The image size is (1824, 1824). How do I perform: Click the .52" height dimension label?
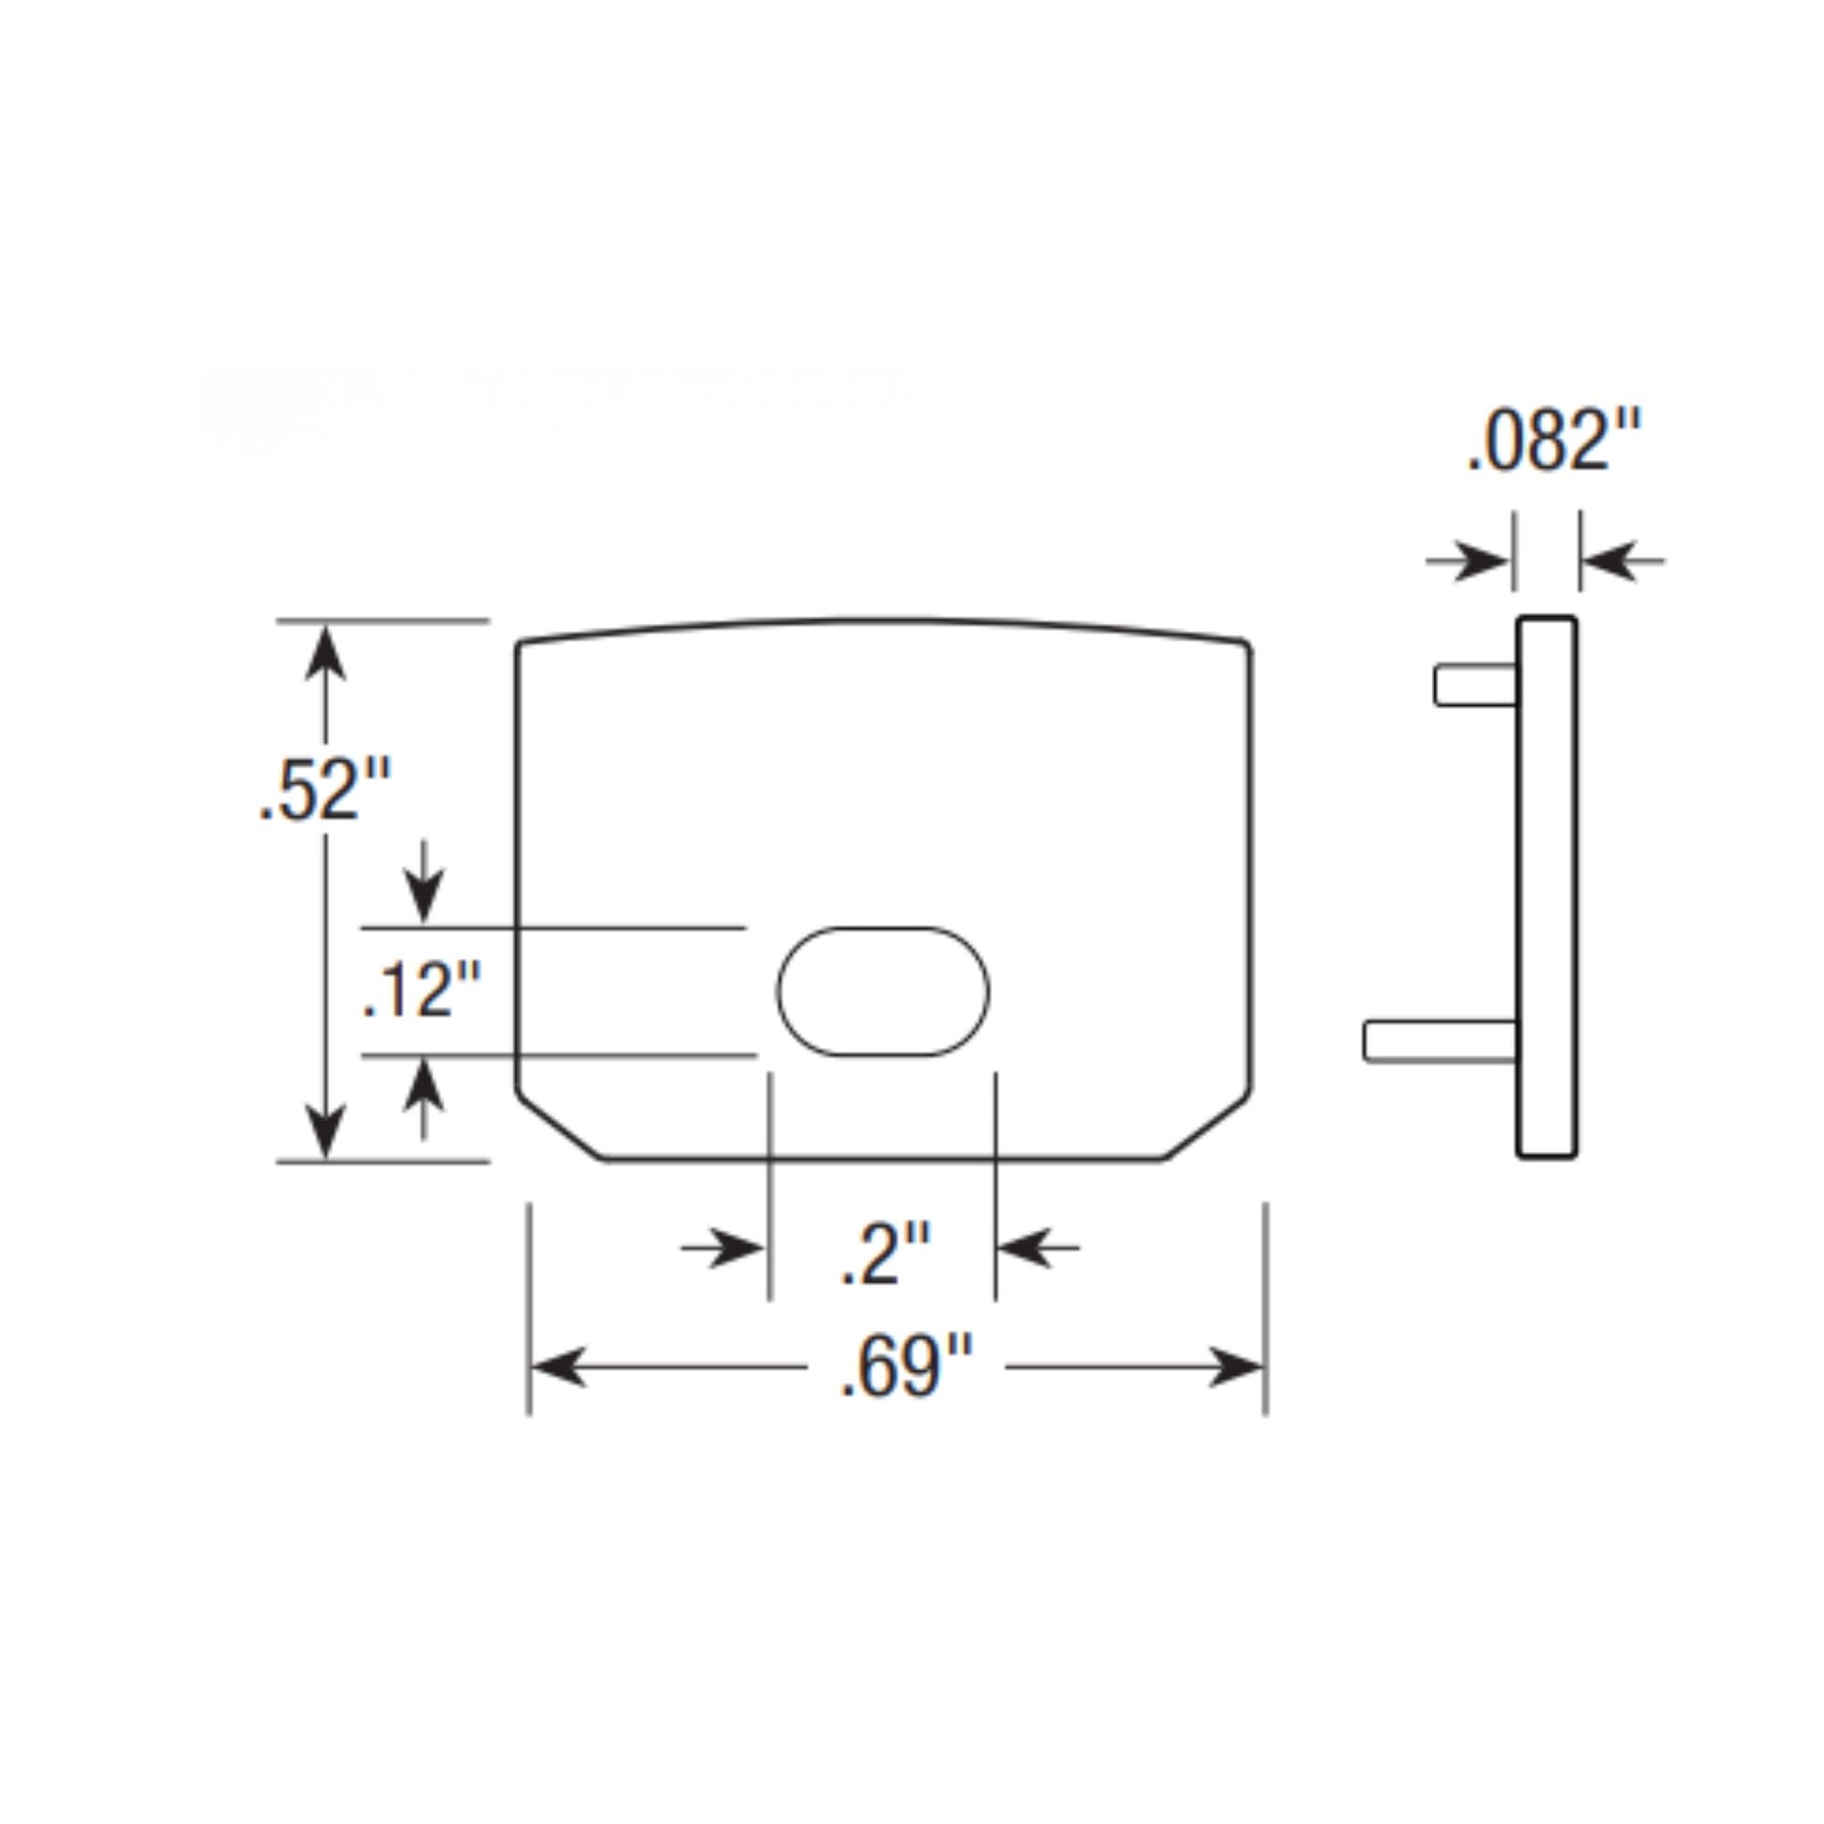pyautogui.click(x=323, y=790)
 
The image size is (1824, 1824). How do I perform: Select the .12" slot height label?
pyautogui.click(x=421, y=991)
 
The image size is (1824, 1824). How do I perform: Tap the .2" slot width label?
pyautogui.click(x=885, y=1255)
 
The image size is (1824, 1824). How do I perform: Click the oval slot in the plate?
pyautogui.click(x=883, y=992)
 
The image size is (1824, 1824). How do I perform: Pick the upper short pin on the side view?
pyautogui.click(x=1475, y=684)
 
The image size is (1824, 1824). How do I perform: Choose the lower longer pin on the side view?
pyautogui.click(x=1441, y=1041)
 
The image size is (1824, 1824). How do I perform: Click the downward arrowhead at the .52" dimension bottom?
pyautogui.click(x=324, y=1131)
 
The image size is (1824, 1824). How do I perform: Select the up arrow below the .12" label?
pyautogui.click(x=424, y=1087)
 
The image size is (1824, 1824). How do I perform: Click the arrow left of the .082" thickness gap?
pyautogui.click(x=1478, y=561)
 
